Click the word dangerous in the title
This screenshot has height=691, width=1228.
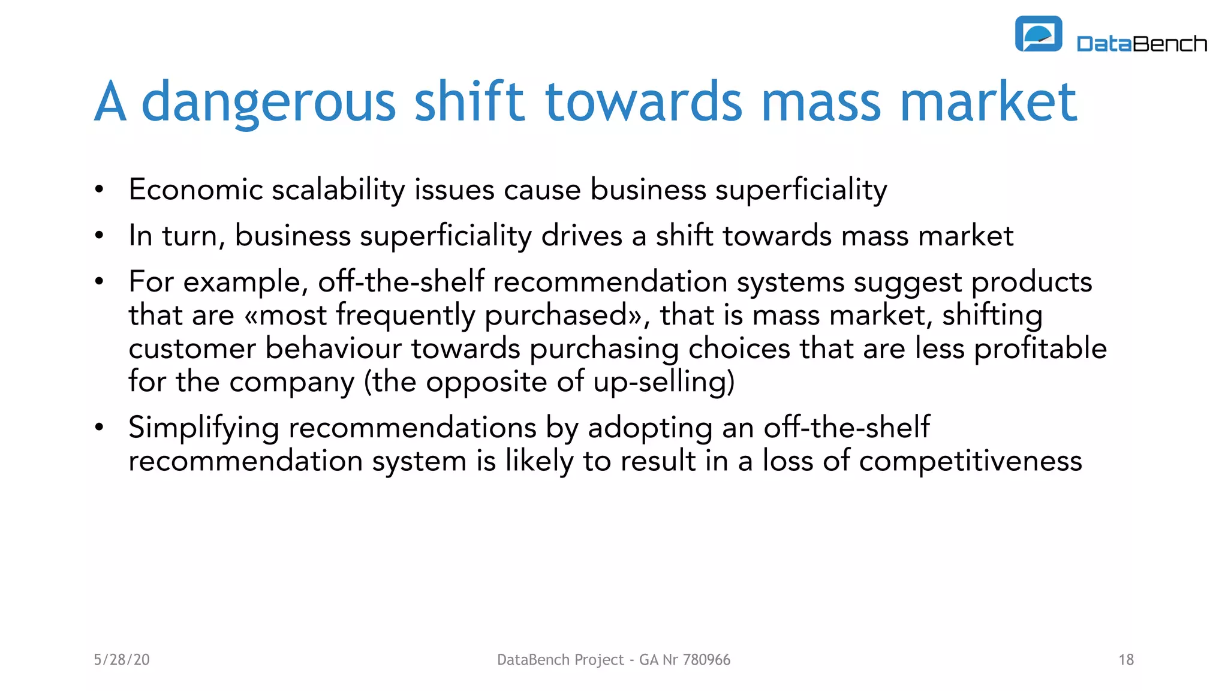pos(269,102)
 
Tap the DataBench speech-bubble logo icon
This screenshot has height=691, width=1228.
pos(1038,34)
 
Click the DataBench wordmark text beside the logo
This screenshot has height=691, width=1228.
pos(1142,44)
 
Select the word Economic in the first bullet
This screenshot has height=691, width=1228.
pos(195,190)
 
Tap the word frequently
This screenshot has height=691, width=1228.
pos(405,316)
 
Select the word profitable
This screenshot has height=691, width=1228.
pos(1040,349)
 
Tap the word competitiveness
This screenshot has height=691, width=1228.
pos(970,461)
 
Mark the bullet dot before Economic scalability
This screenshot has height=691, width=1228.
pos(100,190)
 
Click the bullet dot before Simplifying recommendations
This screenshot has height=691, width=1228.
pos(100,428)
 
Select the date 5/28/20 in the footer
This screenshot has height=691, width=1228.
pos(122,660)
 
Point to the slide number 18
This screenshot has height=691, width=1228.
pos(1125,660)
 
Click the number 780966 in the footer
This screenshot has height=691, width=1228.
pos(706,660)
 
